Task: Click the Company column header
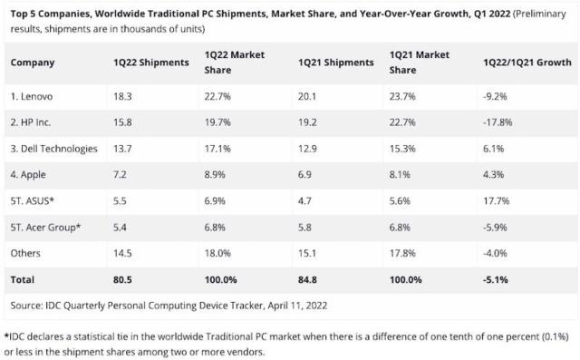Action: click(34, 63)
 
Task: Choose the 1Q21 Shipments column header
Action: click(335, 63)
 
